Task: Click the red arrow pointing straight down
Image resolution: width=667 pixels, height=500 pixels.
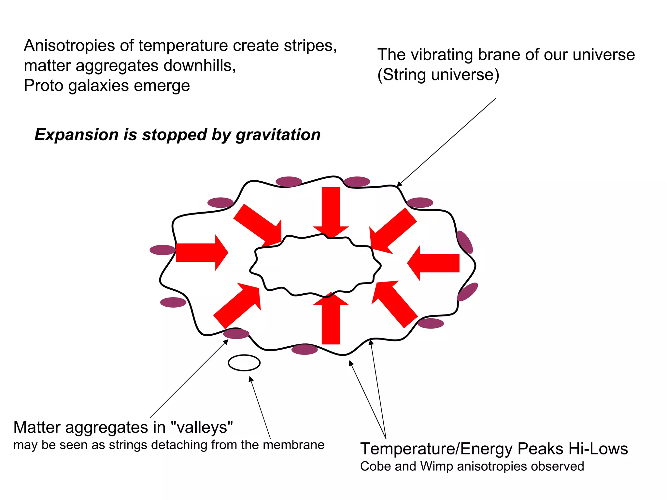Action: tap(331, 210)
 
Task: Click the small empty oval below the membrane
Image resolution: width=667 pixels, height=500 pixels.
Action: tap(244, 363)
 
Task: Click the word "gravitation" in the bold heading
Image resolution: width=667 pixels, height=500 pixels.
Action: tap(278, 135)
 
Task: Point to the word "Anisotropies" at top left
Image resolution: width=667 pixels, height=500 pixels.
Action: tap(69, 46)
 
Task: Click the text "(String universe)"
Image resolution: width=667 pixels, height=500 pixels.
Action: tap(438, 75)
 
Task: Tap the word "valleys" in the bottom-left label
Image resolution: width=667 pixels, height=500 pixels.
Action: tap(202, 427)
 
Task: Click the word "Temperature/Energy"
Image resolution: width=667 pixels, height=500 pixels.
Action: tap(436, 449)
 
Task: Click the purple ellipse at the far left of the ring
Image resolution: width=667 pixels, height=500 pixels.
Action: tap(163, 250)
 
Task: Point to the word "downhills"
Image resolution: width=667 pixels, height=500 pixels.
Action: tap(199, 66)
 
